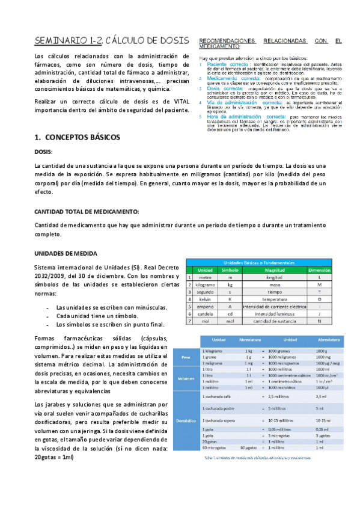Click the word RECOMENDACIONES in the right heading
click(x=226, y=41)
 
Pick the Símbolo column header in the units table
click(x=230, y=270)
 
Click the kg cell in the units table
click(x=230, y=284)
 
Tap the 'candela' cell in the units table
click(x=205, y=313)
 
